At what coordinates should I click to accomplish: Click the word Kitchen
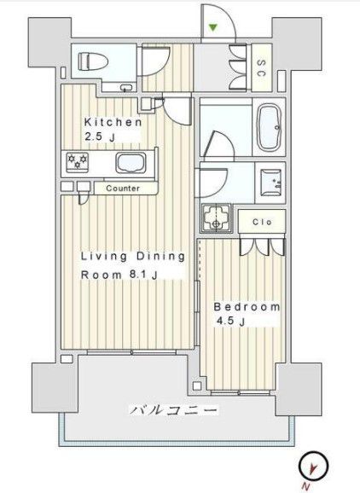(112, 122)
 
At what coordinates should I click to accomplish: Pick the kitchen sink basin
(131, 163)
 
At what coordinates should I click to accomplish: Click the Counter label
(123, 188)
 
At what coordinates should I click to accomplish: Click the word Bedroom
(247, 306)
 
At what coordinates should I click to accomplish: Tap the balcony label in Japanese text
(174, 411)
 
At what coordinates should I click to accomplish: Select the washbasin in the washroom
(273, 179)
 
